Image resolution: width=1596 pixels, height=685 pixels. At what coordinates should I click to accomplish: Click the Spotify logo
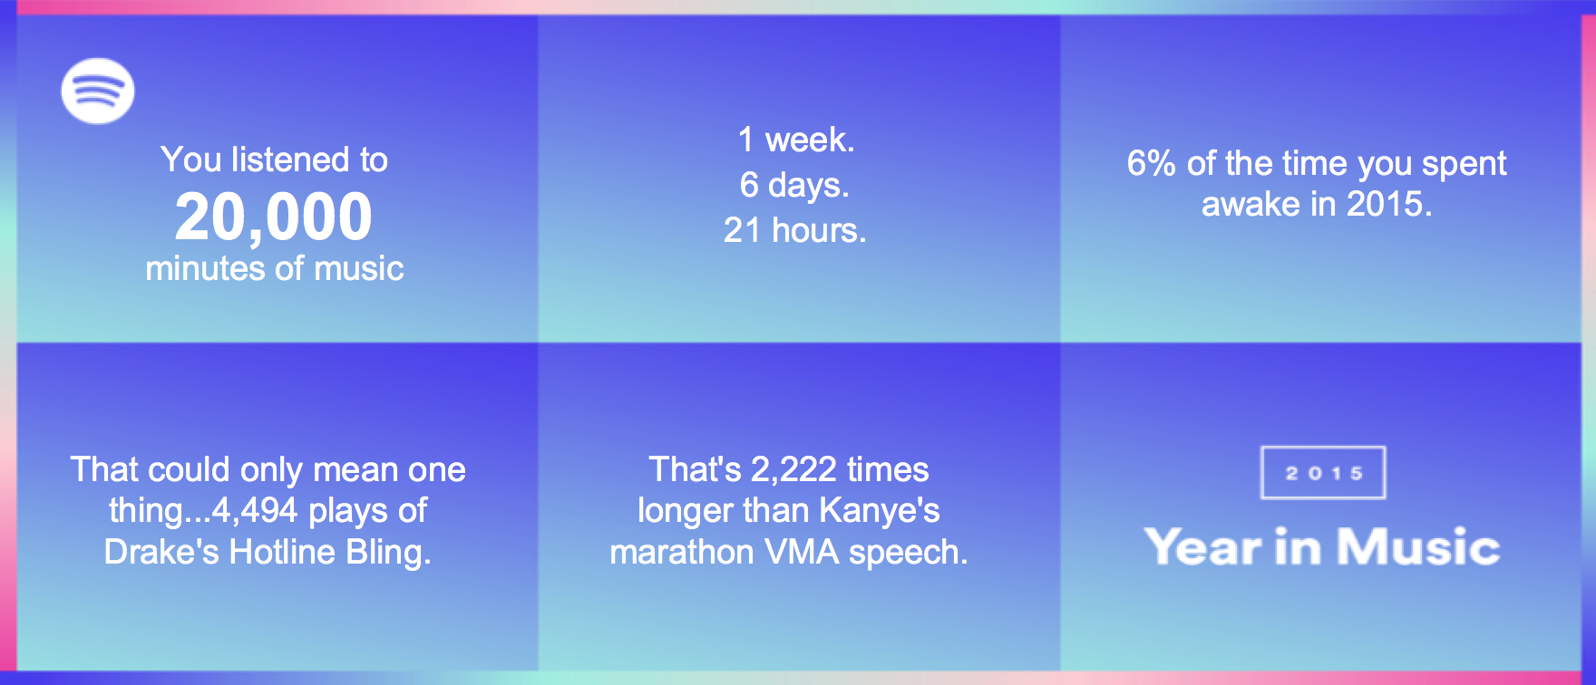click(98, 91)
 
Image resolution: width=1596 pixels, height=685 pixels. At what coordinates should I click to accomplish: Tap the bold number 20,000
click(274, 217)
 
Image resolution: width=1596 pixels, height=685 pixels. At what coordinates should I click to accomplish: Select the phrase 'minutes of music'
click(275, 269)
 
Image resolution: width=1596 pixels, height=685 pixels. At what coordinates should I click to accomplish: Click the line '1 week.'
click(797, 140)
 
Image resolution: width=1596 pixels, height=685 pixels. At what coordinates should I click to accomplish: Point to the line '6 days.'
click(795, 185)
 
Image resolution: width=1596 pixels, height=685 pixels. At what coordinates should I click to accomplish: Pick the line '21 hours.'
click(795, 230)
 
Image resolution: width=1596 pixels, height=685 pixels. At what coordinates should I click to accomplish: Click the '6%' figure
click(1151, 164)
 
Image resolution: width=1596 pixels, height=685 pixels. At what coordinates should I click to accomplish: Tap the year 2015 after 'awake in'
click(1389, 205)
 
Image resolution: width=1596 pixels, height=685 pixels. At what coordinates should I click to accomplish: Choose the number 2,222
click(793, 470)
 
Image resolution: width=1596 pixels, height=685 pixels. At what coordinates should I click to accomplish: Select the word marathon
click(682, 552)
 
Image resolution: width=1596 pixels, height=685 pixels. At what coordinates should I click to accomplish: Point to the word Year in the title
click(1203, 548)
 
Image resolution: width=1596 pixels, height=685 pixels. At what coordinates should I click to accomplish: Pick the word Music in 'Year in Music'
click(1418, 547)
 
